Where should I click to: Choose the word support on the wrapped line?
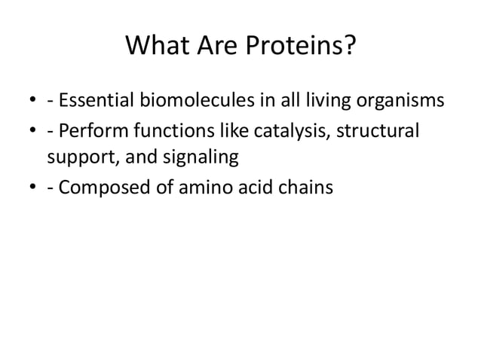pyautogui.click(x=77, y=158)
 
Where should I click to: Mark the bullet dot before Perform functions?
pyautogui.click(x=31, y=130)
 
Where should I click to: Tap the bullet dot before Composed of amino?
pyautogui.click(x=31, y=188)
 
